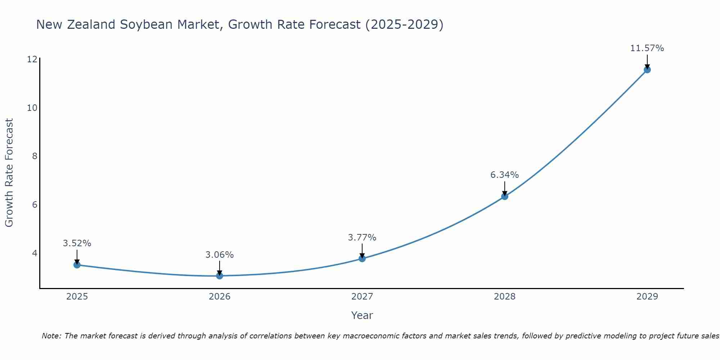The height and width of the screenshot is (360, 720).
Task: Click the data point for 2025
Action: pos(77,265)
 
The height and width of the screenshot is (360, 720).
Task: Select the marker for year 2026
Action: pos(220,276)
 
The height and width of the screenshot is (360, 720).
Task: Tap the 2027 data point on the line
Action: pos(362,258)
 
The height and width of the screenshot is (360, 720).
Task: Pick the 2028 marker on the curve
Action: pos(505,197)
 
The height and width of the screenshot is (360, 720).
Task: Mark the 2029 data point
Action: pos(647,70)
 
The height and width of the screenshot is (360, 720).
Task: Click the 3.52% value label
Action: pos(77,243)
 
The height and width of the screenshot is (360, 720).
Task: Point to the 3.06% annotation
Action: pos(220,255)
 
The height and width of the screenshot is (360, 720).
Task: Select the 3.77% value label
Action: pos(362,238)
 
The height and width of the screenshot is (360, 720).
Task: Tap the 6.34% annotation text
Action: pos(505,175)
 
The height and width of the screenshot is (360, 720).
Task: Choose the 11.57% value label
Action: pos(647,48)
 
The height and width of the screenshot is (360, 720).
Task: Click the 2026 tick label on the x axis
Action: pos(220,297)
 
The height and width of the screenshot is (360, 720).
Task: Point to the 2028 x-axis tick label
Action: pos(505,297)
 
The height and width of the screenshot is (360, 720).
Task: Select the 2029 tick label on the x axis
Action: pos(647,297)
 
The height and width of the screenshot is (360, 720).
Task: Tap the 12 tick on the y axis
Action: pos(32,59)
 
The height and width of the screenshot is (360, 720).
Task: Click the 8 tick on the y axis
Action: pos(35,156)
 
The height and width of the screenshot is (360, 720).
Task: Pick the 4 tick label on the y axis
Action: pos(35,253)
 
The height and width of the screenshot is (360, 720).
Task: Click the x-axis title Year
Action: pos(362,315)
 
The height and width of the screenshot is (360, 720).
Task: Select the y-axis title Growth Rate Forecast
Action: pos(9,173)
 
